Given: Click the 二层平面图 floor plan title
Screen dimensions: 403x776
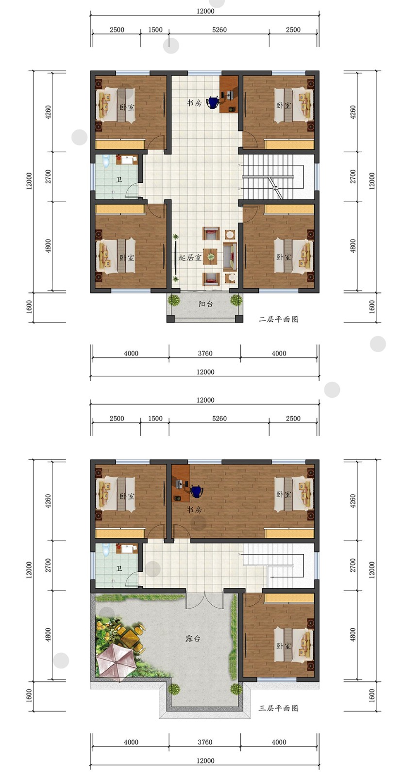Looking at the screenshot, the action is pyautogui.click(x=278, y=319).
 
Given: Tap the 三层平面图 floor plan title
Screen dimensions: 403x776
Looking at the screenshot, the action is pyautogui.click(x=278, y=708).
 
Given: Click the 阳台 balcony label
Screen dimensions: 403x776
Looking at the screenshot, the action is pyautogui.click(x=205, y=304).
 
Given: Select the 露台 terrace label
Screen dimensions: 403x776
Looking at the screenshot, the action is pyautogui.click(x=193, y=638).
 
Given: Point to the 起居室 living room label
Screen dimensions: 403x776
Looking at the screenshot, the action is pyautogui.click(x=190, y=258).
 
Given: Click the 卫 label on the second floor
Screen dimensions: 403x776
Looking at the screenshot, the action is pyautogui.click(x=119, y=180).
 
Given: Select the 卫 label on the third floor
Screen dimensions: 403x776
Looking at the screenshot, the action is pyautogui.click(x=119, y=568).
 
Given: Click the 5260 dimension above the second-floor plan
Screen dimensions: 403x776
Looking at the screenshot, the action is pyautogui.click(x=219, y=30).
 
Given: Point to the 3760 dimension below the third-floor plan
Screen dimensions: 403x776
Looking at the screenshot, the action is pyautogui.click(x=205, y=742).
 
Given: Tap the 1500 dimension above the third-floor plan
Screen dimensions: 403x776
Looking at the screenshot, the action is pyautogui.click(x=155, y=419).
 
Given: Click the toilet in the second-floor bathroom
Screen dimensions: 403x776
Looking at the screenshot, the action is pyautogui.click(x=106, y=161).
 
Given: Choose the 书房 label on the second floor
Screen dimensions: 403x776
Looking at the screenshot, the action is pyautogui.click(x=194, y=103).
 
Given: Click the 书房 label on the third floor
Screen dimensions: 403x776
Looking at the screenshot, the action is pyautogui.click(x=194, y=510).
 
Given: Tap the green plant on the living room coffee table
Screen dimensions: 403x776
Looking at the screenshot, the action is pyautogui.click(x=211, y=257).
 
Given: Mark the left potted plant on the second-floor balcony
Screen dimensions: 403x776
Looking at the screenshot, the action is pyautogui.click(x=173, y=299).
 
